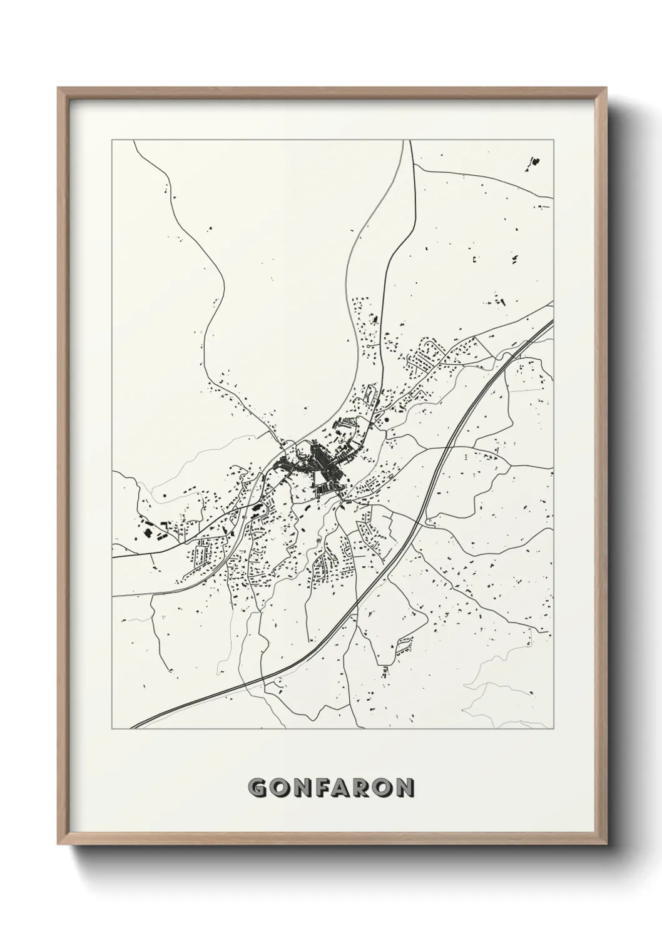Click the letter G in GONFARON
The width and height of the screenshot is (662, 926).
[258, 788]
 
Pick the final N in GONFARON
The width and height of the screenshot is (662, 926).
[405, 788]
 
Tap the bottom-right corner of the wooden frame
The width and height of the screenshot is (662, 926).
[606, 843]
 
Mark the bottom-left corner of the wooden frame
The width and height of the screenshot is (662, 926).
[58, 843]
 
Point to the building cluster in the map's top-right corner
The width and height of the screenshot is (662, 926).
[534, 163]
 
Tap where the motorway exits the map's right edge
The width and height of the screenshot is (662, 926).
[554, 323]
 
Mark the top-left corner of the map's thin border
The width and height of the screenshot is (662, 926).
[112, 140]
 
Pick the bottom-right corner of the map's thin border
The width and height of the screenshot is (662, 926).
[554, 729]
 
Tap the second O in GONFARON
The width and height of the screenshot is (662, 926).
[385, 788]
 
